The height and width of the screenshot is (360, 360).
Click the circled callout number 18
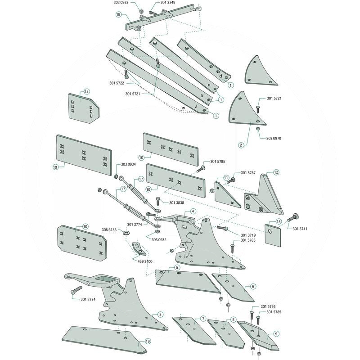click(118, 15)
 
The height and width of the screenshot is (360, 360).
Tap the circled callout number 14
click(87, 91)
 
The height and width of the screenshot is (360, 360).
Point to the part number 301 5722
click(117, 82)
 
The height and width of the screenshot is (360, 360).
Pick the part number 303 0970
click(274, 139)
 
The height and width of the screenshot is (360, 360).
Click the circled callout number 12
click(276, 172)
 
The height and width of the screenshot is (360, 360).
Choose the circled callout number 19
click(147, 342)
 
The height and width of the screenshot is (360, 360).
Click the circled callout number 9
click(276, 334)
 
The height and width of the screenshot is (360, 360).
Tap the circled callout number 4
click(193, 211)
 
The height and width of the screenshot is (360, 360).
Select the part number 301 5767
click(248, 173)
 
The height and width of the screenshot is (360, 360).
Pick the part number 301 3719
click(248, 235)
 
